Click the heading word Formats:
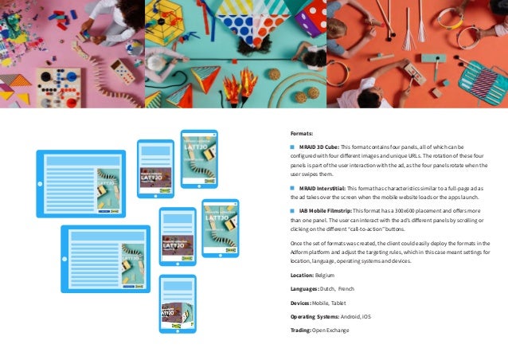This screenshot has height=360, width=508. click(x=302, y=134)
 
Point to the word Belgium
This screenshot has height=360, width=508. click(x=325, y=275)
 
